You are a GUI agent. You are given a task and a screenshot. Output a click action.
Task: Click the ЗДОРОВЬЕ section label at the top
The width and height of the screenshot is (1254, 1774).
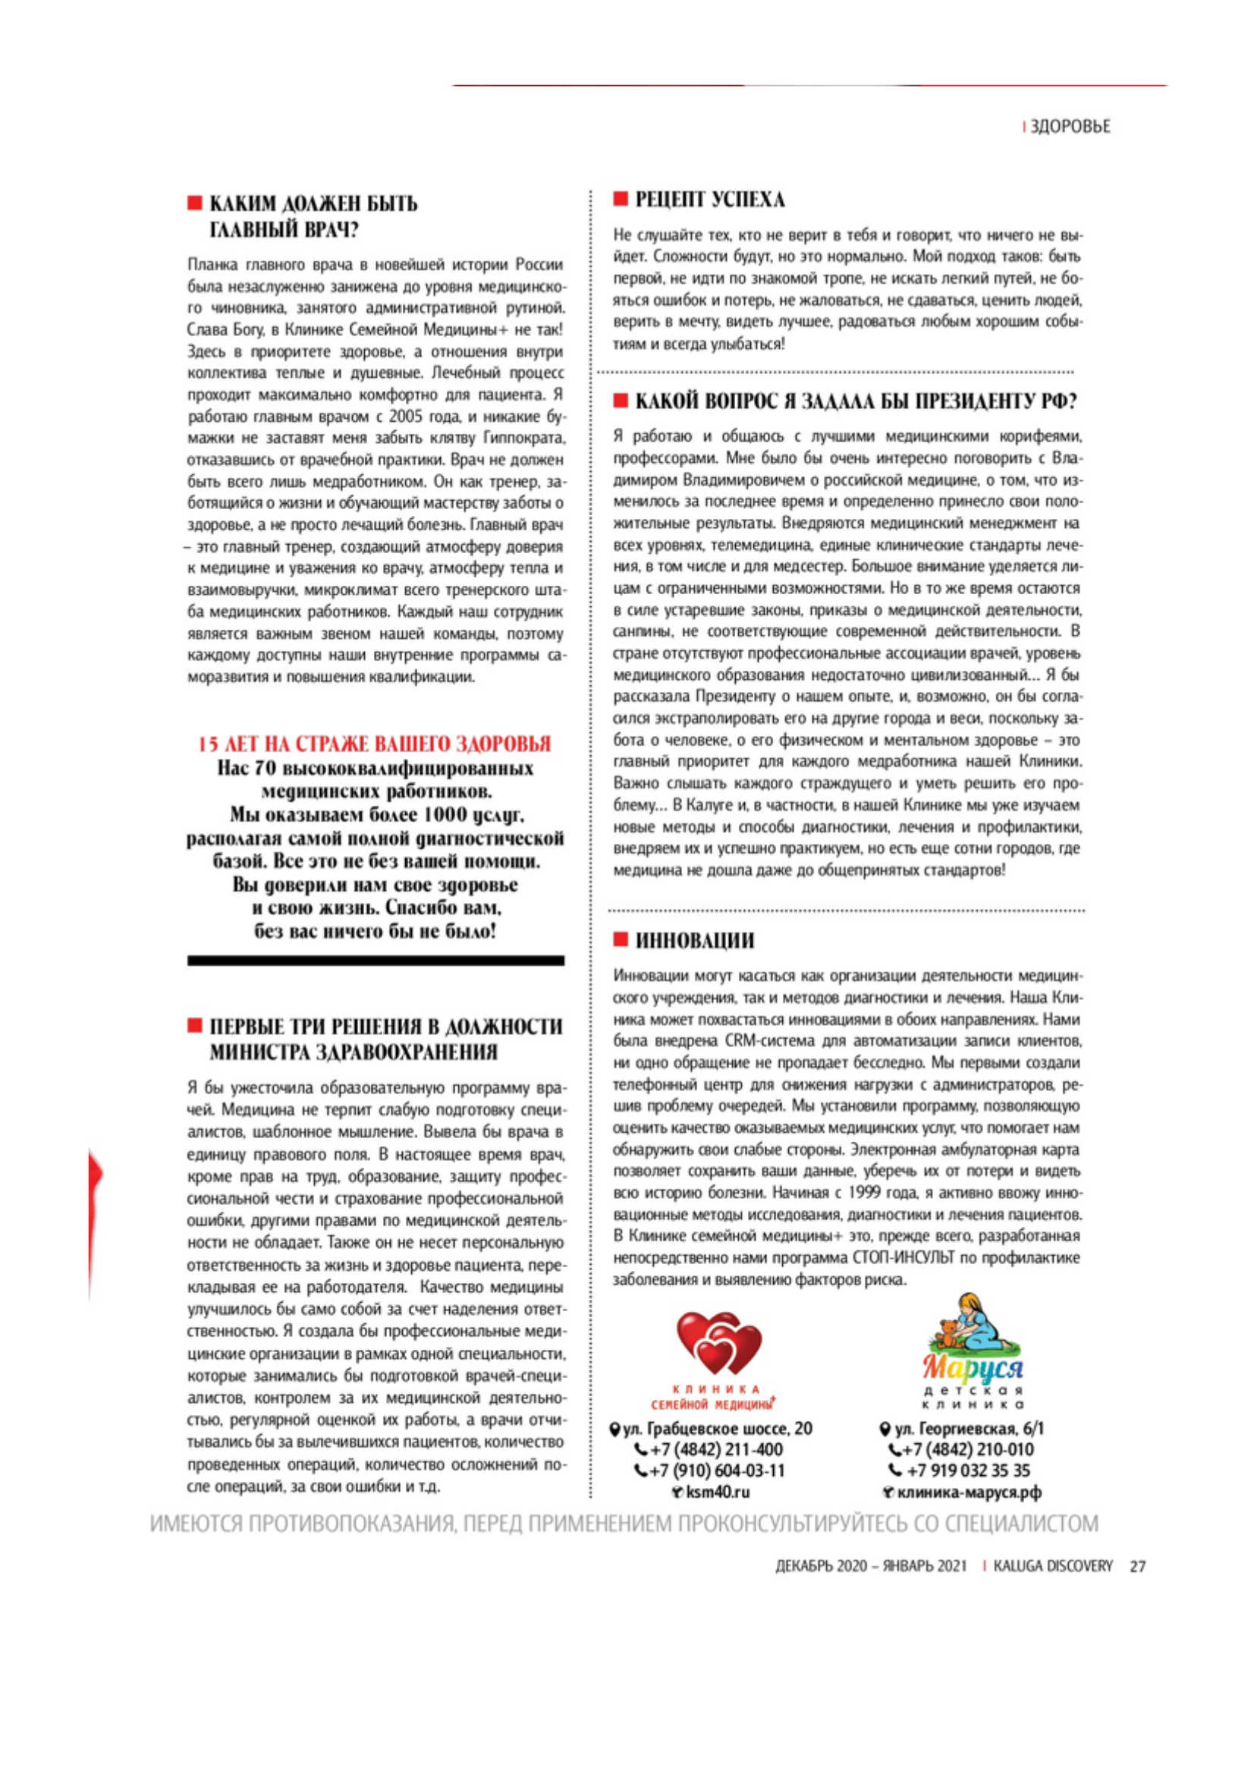[x=1070, y=127]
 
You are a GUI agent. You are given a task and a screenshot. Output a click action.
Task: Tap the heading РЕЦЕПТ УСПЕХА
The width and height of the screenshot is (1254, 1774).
[x=709, y=200]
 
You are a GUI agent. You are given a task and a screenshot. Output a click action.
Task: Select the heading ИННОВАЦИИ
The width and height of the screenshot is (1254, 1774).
[x=695, y=940]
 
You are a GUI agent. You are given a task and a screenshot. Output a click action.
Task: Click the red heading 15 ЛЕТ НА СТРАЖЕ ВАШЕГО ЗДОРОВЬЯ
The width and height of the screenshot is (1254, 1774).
[x=375, y=744]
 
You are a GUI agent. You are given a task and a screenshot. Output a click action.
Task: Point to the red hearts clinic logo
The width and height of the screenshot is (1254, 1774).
[x=718, y=1344]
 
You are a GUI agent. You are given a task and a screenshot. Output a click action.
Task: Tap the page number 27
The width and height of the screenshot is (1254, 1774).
[x=1137, y=1566]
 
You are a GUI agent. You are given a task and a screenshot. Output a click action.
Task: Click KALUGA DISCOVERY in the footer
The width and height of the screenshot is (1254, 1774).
[x=1052, y=1566]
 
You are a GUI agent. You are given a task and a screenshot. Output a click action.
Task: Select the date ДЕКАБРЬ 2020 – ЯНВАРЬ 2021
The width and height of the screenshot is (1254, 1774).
[x=871, y=1566]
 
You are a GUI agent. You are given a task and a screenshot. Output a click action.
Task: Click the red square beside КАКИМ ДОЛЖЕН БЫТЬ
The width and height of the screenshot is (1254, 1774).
[x=195, y=203]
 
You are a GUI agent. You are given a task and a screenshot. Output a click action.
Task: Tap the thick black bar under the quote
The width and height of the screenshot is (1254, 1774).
[x=376, y=961]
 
